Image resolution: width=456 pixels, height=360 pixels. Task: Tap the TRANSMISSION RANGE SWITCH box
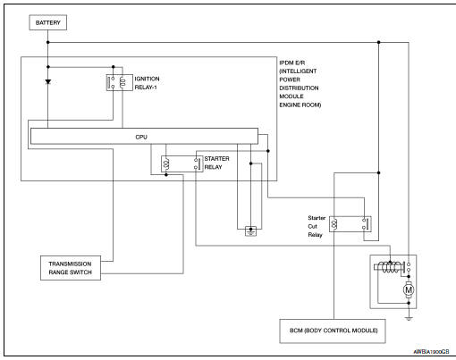71,268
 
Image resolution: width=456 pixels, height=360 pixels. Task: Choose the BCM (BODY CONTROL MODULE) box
330,331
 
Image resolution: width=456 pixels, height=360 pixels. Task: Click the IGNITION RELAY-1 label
148,82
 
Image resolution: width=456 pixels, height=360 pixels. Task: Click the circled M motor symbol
410,290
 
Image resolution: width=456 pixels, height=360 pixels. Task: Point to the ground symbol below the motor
408,315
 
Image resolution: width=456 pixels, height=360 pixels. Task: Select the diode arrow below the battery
47,80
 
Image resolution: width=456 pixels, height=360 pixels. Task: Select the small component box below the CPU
251,230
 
